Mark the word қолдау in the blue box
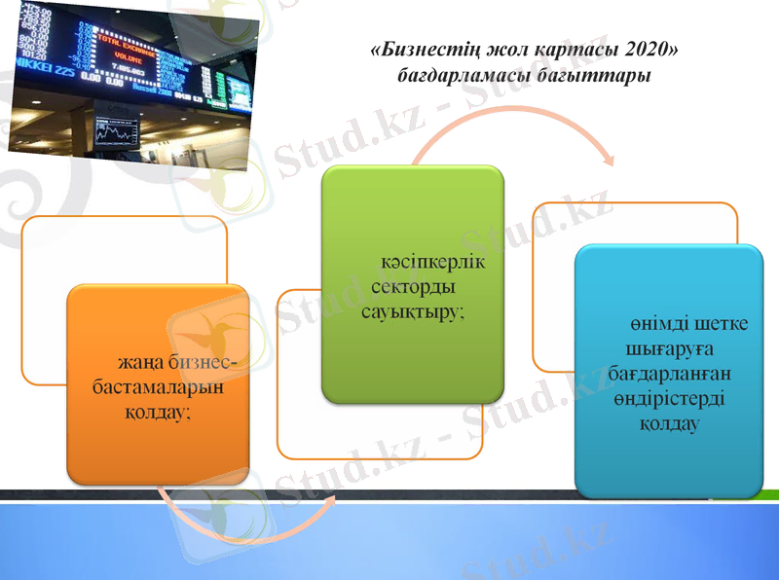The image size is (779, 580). (x=670, y=424)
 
